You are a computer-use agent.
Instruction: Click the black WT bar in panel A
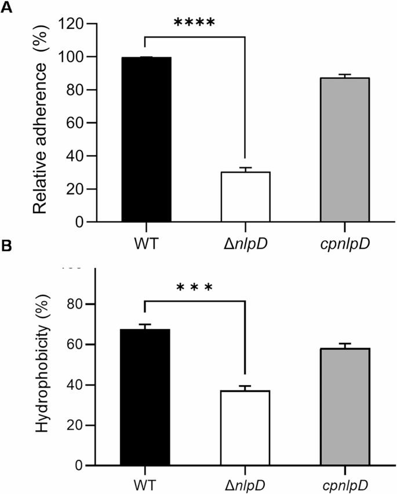click(146, 140)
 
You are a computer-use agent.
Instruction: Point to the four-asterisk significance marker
click(195, 24)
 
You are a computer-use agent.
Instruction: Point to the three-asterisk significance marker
click(195, 288)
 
